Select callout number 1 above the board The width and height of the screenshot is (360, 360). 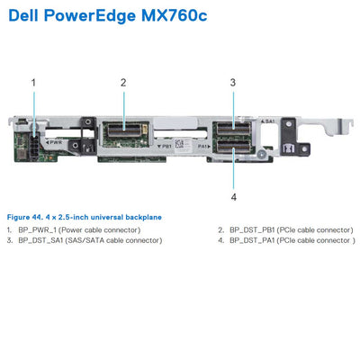34,82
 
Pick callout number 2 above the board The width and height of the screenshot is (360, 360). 123,82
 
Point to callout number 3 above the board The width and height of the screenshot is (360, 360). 233,82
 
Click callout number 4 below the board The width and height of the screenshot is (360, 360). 233,195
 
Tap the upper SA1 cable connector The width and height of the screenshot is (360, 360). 233,128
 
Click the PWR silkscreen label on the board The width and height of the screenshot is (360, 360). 55,142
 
